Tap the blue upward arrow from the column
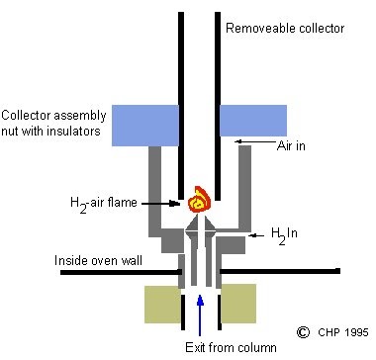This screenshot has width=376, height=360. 199,312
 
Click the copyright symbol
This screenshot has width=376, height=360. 304,332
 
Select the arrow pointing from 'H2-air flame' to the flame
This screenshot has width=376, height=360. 164,204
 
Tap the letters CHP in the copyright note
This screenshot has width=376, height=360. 329,332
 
